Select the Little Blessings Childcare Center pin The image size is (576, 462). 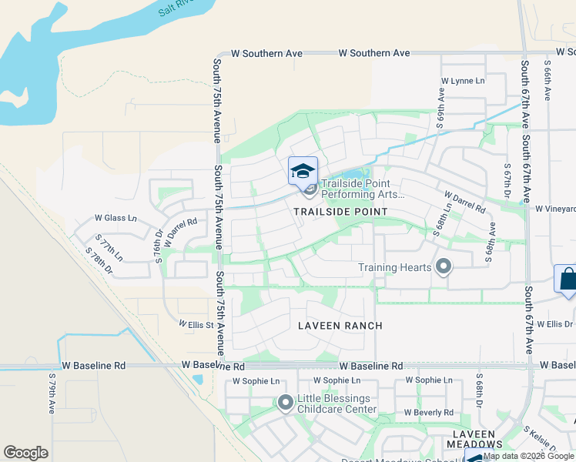pyautogui.click(x=286, y=403)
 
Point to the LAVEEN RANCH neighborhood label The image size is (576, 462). pyautogui.click(x=340, y=326)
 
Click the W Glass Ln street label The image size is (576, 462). pyautogui.click(x=116, y=218)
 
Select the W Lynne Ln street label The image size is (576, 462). pyautogui.click(x=463, y=81)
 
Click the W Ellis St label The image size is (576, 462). pyautogui.click(x=196, y=325)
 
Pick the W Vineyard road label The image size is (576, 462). pyautogui.click(x=555, y=209)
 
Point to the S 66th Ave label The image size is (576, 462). pyautogui.click(x=548, y=79)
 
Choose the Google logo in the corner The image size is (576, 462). pyautogui.click(x=25, y=453)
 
